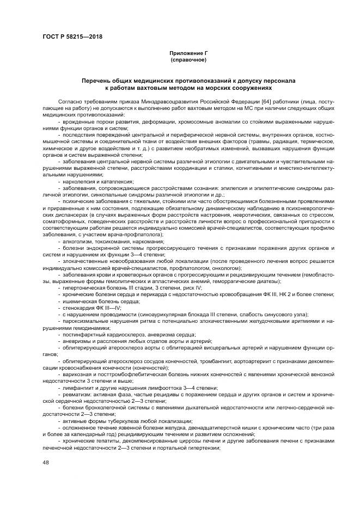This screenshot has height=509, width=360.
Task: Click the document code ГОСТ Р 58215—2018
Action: pyautogui.click(x=72, y=37)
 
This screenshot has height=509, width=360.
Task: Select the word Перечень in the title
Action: pyautogui.click(x=97, y=80)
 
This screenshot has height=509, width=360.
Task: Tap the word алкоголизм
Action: pyautogui.click(x=76, y=241)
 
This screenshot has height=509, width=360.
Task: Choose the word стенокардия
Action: pyautogui.click(x=78, y=308)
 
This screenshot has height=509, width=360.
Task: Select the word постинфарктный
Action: pyautogui.click(x=83, y=335)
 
